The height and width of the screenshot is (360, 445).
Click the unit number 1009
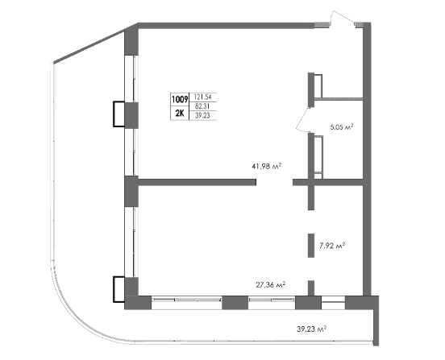[179, 100]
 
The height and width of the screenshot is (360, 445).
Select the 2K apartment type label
[179, 113]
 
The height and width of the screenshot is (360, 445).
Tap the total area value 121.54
[202, 97]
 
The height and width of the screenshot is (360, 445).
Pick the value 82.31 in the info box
[202, 106]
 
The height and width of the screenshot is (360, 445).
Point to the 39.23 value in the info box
[202, 115]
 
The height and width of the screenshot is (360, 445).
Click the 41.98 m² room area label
[266, 166]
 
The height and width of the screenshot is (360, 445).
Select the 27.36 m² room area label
[270, 284]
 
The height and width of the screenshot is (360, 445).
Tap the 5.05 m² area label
[342, 127]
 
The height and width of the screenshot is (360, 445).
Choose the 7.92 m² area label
[332, 246]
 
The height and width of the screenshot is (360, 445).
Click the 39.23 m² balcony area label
[311, 329]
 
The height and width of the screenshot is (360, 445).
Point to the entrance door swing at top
[343, 18]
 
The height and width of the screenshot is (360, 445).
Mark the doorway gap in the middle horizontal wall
[274, 182]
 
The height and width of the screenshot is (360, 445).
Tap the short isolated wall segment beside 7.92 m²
[311, 246]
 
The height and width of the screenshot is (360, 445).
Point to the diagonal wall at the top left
[89, 46]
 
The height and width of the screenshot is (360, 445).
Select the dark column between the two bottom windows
[235, 303]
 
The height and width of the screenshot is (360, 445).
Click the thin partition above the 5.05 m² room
[339, 98]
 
